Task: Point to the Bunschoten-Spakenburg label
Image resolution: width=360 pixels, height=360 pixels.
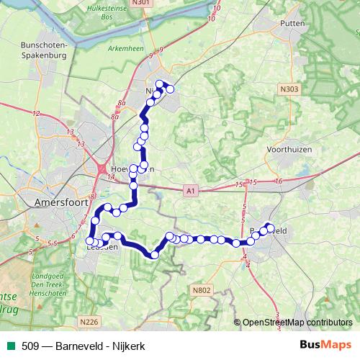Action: pyautogui.click(x=44, y=50)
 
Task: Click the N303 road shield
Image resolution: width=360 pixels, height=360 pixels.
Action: pyautogui.click(x=289, y=86)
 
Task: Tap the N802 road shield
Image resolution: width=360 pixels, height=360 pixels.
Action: pyautogui.click(x=202, y=289)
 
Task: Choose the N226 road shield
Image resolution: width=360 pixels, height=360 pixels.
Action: pyautogui.click(x=89, y=321)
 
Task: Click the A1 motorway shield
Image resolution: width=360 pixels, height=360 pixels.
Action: pyautogui.click(x=189, y=191)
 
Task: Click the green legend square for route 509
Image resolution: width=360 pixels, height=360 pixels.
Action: pyautogui.click(x=9, y=346)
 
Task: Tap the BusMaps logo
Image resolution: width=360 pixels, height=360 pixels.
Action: pyautogui.click(x=326, y=346)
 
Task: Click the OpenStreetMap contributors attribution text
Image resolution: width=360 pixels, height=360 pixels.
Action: pyautogui.click(x=297, y=323)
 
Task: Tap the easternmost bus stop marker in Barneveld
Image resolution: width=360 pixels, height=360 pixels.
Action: pyautogui.click(x=271, y=227)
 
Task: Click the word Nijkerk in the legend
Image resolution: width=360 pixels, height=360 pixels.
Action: pyautogui.click(x=130, y=346)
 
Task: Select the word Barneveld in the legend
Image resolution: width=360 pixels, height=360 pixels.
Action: pyautogui.click(x=78, y=346)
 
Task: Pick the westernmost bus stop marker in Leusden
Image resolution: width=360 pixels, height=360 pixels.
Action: pyautogui.click(x=90, y=241)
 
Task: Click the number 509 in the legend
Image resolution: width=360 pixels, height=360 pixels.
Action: pyautogui.click(x=31, y=346)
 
